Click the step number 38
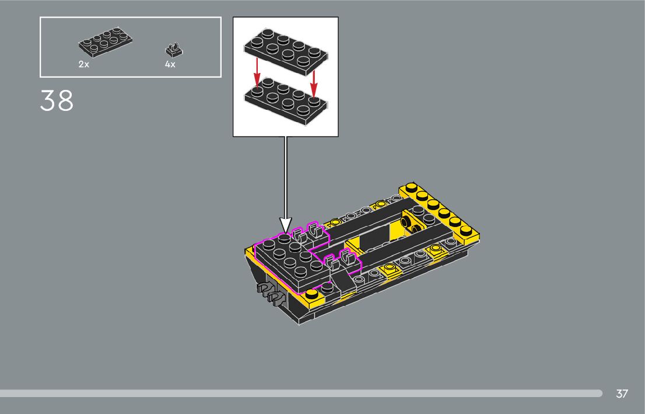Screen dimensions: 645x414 click(x=57, y=100)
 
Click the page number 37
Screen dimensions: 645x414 click(x=622, y=394)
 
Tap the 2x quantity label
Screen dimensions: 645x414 click(x=84, y=64)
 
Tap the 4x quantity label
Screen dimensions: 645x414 click(x=170, y=64)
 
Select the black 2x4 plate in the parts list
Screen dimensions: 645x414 click(x=106, y=41)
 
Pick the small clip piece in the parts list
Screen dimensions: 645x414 click(x=174, y=50)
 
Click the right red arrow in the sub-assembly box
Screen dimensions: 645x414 click(x=314, y=82)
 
